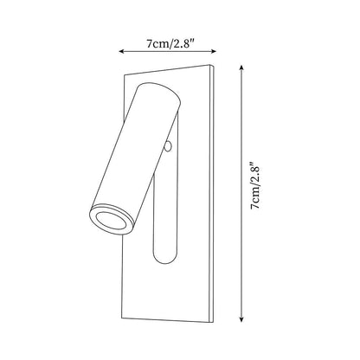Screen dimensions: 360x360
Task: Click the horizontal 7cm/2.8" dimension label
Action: point(167,43)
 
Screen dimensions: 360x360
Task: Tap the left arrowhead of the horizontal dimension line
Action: point(121,51)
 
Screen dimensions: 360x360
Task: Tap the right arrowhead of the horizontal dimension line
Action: point(214,51)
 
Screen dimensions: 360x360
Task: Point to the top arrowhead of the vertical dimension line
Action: point(241,67)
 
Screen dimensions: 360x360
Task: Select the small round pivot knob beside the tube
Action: point(168,147)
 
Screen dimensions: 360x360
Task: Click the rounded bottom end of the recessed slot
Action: point(164,256)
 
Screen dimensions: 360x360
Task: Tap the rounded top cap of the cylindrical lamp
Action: point(158,92)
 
